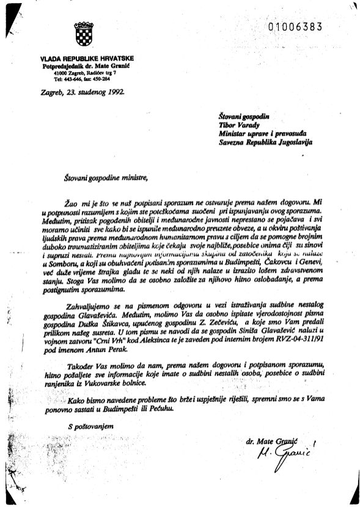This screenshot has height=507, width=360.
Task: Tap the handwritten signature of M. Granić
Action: (282, 453)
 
